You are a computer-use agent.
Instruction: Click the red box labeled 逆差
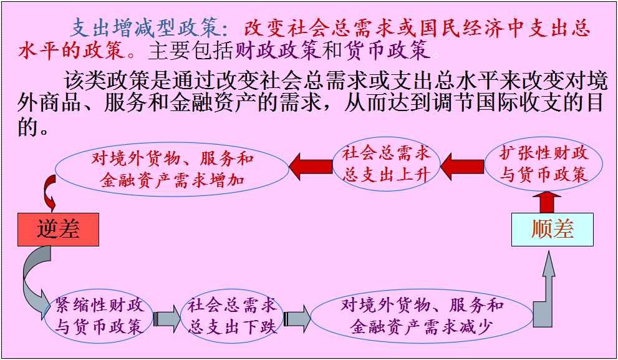point(58,229)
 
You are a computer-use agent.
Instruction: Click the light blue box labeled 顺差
point(553,229)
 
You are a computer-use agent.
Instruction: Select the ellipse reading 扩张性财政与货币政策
point(544,165)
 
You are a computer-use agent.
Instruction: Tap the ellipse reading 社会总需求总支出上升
point(386,165)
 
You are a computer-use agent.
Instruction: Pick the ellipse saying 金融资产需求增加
point(172,170)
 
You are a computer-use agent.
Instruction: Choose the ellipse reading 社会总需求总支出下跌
point(233,316)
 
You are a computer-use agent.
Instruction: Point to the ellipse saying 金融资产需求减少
point(422,316)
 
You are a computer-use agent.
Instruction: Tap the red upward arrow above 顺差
point(547,201)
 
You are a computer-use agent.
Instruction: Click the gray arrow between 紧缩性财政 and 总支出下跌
point(166,319)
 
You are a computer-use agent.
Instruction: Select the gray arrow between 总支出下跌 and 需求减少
point(296,318)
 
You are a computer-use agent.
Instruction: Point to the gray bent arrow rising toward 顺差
point(545,293)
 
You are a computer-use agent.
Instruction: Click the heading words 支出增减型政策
point(145,28)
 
